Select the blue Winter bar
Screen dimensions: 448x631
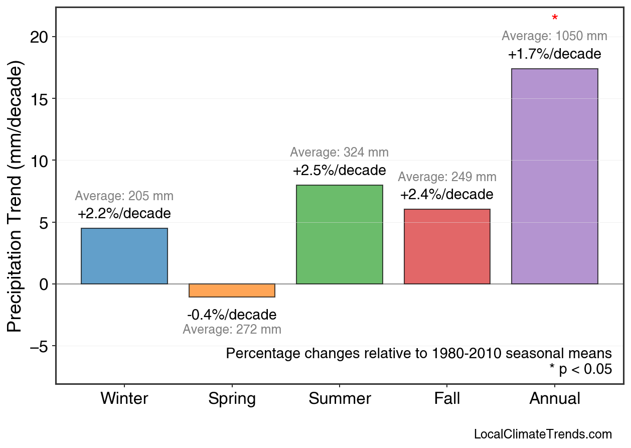(124, 256)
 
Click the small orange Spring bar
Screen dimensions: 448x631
(232, 290)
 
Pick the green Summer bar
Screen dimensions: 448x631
(340, 234)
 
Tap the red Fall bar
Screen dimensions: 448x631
(447, 246)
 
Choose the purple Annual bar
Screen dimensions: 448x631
(554, 176)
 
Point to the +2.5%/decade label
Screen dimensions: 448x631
(340, 171)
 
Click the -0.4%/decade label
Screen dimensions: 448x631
(232, 315)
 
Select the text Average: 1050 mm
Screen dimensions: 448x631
(554, 36)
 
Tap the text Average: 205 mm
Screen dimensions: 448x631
(124, 197)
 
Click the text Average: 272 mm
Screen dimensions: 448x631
(232, 330)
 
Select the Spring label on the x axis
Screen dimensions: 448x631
(232, 399)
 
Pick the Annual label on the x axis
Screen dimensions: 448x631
(554, 399)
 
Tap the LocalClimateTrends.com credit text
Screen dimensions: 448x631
(543, 434)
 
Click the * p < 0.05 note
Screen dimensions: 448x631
(580, 370)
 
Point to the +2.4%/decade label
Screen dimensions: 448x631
(447, 195)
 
